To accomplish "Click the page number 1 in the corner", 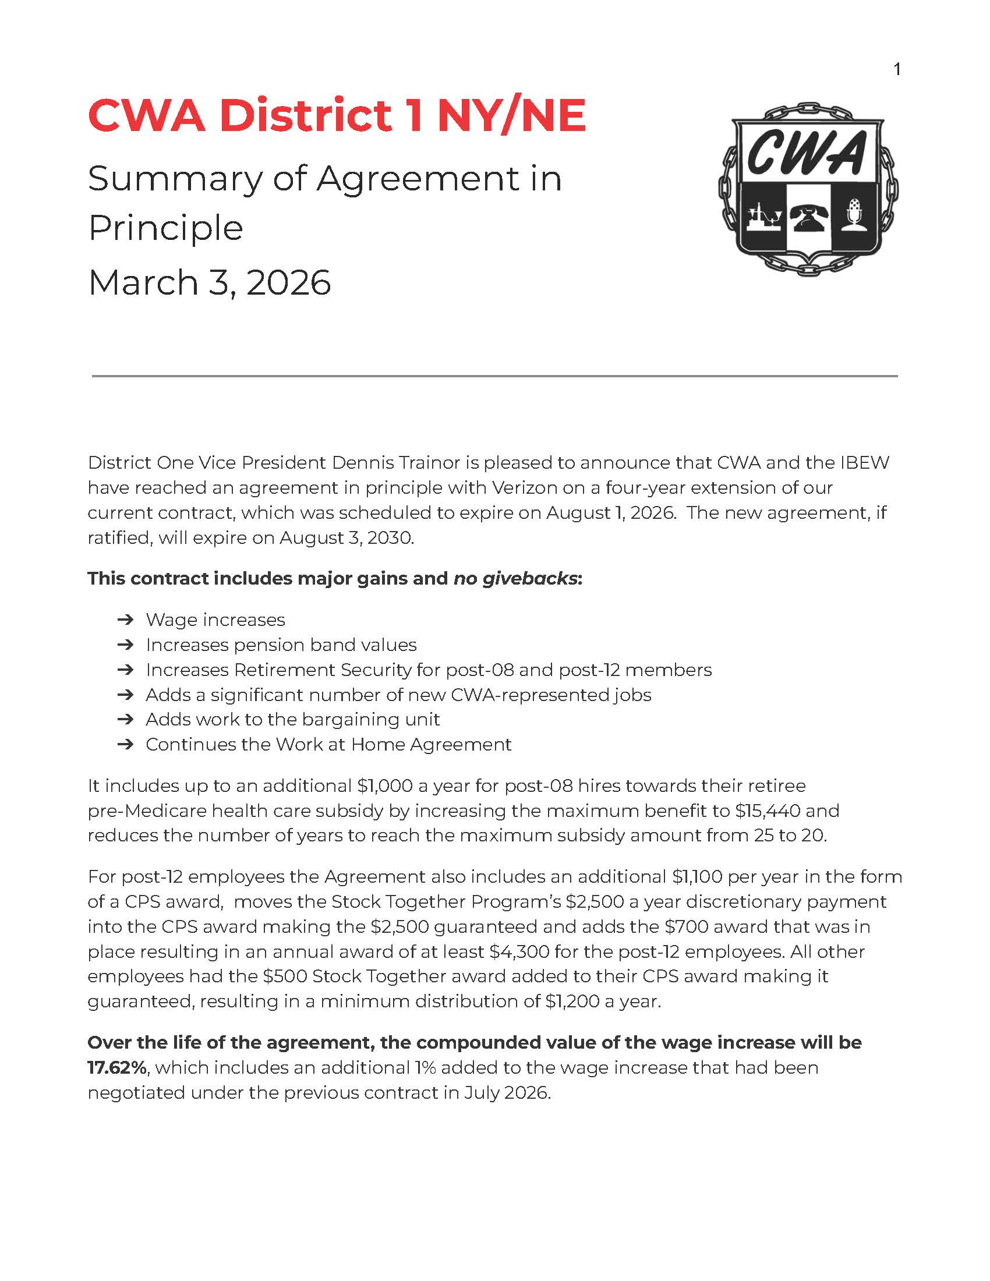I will tap(897, 70).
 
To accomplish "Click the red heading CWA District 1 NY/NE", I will tap(337, 115).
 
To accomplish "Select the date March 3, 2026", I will tap(210, 283).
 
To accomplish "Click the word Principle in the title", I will tap(165, 228).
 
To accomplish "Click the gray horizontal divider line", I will tap(494, 376).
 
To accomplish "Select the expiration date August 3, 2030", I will tap(346, 538).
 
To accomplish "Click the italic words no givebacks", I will tap(515, 578).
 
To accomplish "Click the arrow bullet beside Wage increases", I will tap(125, 620).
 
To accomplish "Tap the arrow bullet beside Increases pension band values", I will tap(125, 645).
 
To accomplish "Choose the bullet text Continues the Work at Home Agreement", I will tap(328, 744).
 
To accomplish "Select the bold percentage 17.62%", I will tap(116, 1068).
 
